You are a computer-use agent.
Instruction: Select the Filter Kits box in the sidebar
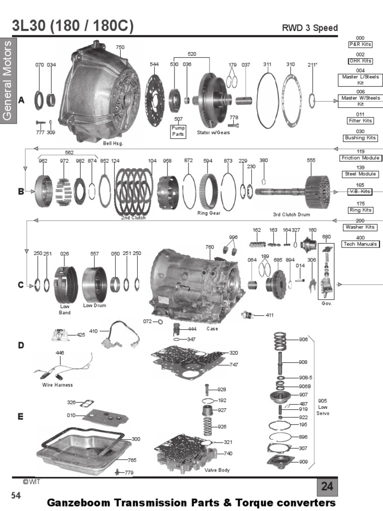(360, 121)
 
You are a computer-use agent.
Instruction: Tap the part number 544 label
(154, 64)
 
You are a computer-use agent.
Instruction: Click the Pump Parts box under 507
(178, 131)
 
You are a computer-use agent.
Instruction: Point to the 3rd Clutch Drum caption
(291, 215)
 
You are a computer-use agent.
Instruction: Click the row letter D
(21, 345)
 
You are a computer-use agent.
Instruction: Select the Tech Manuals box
(360, 244)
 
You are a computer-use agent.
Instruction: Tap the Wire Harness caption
(57, 385)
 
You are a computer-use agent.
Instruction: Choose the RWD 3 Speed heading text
(310, 28)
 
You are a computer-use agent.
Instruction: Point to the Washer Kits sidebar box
(360, 227)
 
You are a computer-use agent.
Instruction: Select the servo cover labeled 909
(282, 462)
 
